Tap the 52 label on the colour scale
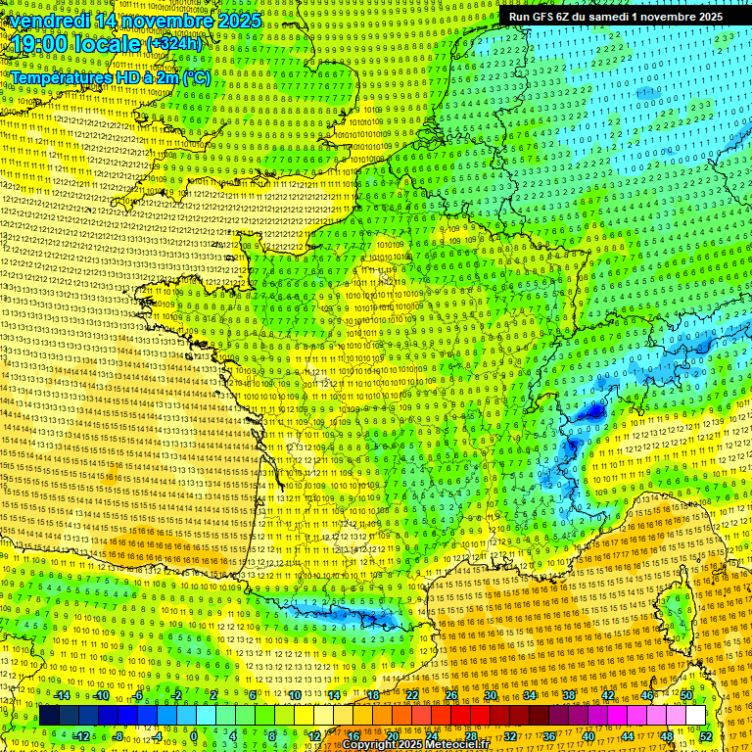(706, 736)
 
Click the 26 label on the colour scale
(451, 695)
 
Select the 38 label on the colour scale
(568, 695)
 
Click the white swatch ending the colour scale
(695, 716)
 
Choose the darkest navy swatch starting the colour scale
(49, 716)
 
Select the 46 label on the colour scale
(646, 695)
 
